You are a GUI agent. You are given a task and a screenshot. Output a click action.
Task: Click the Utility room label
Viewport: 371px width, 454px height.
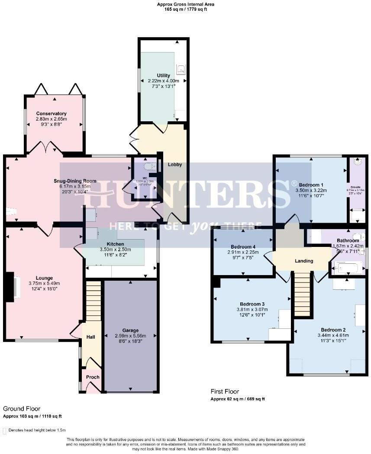coord(163,75)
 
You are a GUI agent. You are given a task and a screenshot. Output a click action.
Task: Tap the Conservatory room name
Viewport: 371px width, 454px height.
coord(52,114)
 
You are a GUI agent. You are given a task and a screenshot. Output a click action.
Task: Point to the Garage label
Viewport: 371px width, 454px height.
coord(130,331)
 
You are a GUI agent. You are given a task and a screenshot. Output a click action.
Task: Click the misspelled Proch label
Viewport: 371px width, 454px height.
coord(93,377)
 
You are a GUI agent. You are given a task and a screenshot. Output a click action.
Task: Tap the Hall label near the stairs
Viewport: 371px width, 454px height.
coord(90,337)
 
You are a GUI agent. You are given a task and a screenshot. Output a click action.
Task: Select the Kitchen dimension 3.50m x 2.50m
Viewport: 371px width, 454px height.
coord(115,250)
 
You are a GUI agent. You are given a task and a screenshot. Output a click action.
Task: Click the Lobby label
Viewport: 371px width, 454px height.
coord(175,165)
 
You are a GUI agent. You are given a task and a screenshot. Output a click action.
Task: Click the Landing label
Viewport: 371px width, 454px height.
coord(304,261)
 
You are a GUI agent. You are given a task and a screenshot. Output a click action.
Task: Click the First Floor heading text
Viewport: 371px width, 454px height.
coord(225,392)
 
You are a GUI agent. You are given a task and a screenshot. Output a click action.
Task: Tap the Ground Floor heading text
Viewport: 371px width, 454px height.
coord(22,409)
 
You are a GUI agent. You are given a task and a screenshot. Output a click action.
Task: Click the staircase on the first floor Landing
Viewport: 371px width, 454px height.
coord(302,292)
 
